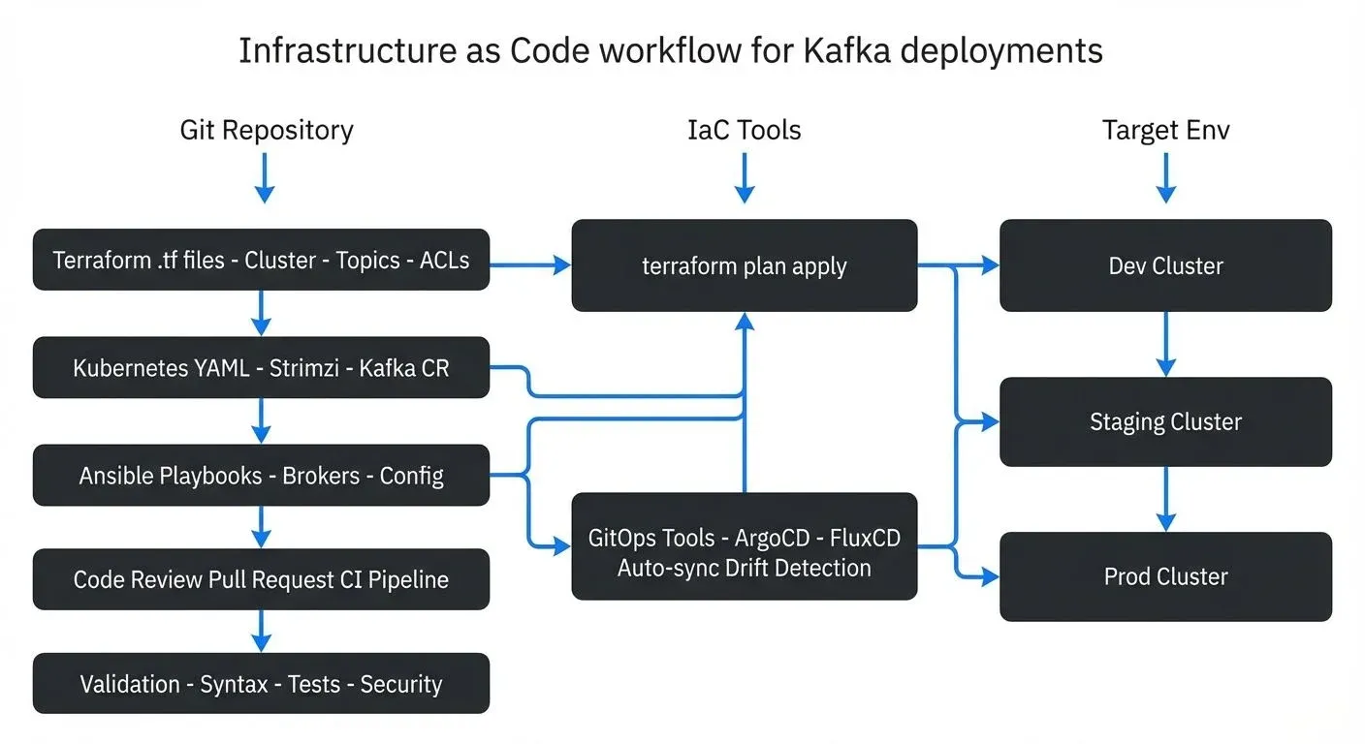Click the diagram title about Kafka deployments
pos(670,50)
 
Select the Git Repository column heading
pos(267,130)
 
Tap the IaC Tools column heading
pos(744,130)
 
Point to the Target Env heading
pos(1165,130)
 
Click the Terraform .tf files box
pos(261,260)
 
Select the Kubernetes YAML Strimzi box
pos(261,368)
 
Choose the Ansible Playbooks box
pos(261,476)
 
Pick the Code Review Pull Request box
pos(261,579)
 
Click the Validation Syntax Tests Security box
pos(261,684)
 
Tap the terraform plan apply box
pos(744,265)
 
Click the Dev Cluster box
pos(1165,265)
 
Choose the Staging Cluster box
pos(1165,421)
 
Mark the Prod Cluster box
pos(1165,576)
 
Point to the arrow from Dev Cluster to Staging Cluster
pos(1165,344)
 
